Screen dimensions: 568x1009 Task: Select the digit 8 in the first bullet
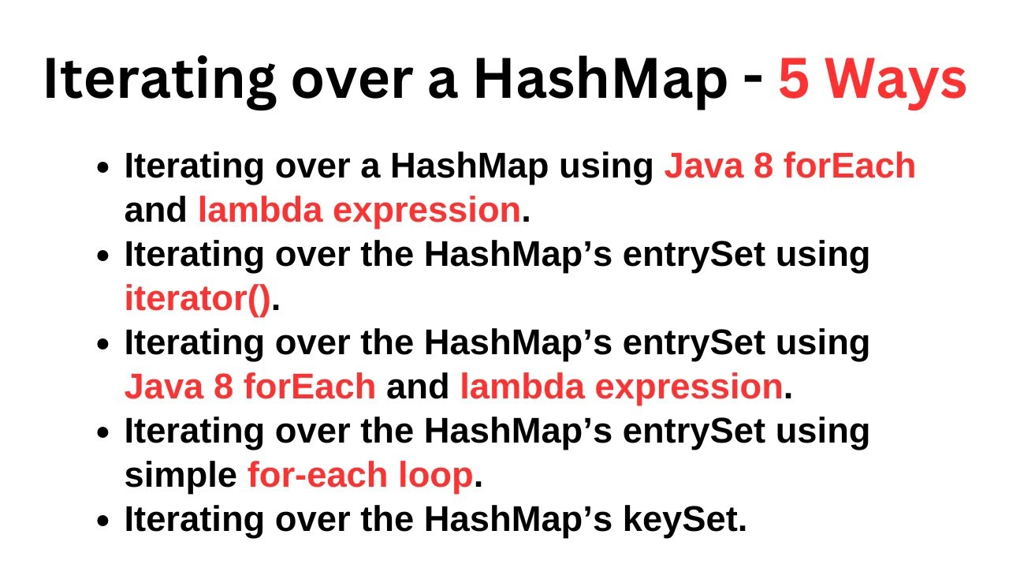[763, 166]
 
